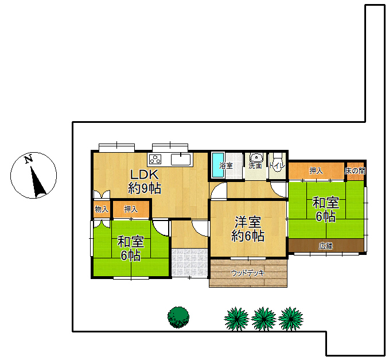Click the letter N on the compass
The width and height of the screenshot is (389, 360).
[x=29, y=159]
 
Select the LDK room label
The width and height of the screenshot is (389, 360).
[x=145, y=175]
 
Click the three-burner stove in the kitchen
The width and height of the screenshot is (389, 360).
[x=154, y=159]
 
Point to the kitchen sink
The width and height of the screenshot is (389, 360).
[x=181, y=159]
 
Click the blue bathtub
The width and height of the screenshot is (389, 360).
[x=218, y=165]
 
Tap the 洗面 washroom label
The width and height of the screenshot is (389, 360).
[x=255, y=165]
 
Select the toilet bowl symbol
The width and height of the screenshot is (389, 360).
[x=277, y=161]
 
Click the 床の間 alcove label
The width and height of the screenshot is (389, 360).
[x=355, y=171]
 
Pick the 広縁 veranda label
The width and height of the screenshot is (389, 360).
[x=326, y=246]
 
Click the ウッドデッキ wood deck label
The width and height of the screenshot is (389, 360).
[x=248, y=273]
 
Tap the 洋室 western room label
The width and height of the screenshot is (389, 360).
[x=248, y=222]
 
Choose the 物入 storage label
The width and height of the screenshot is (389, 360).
[x=102, y=210]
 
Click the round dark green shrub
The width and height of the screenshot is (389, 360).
[x=178, y=317]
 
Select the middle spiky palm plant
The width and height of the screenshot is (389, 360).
[x=263, y=319]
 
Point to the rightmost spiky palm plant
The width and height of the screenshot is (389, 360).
[x=290, y=319]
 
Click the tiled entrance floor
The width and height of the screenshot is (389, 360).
[x=189, y=262]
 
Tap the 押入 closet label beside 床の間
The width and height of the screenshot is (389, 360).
[x=316, y=171]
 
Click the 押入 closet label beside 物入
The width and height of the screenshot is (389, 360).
[x=131, y=210]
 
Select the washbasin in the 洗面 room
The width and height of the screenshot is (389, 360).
[x=256, y=157]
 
